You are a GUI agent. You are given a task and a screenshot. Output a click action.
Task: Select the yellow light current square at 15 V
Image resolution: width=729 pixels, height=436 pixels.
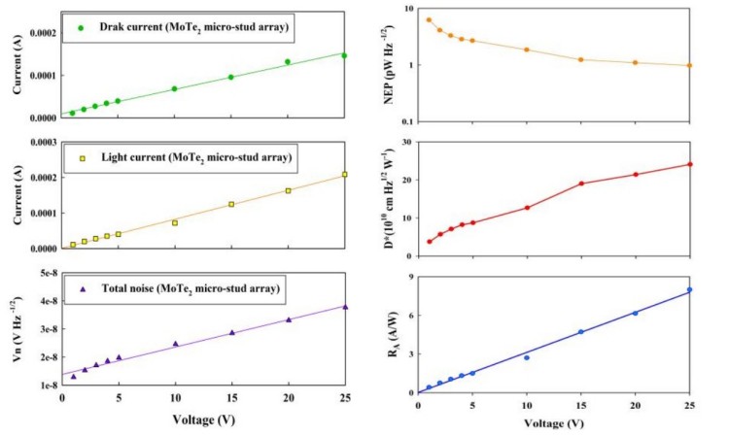[x=232, y=204]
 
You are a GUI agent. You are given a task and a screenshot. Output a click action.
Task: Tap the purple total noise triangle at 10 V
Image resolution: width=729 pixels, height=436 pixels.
[x=176, y=343]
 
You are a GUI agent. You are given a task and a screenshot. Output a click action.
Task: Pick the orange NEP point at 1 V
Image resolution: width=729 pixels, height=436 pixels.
[x=429, y=19]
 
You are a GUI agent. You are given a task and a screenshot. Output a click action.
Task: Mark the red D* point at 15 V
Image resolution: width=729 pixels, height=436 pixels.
[x=581, y=184]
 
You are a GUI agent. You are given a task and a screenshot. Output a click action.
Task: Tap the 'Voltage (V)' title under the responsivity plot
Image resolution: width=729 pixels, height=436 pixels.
[x=554, y=423]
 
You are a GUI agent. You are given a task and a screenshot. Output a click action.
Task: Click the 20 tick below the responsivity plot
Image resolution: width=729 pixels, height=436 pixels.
[x=636, y=406]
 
